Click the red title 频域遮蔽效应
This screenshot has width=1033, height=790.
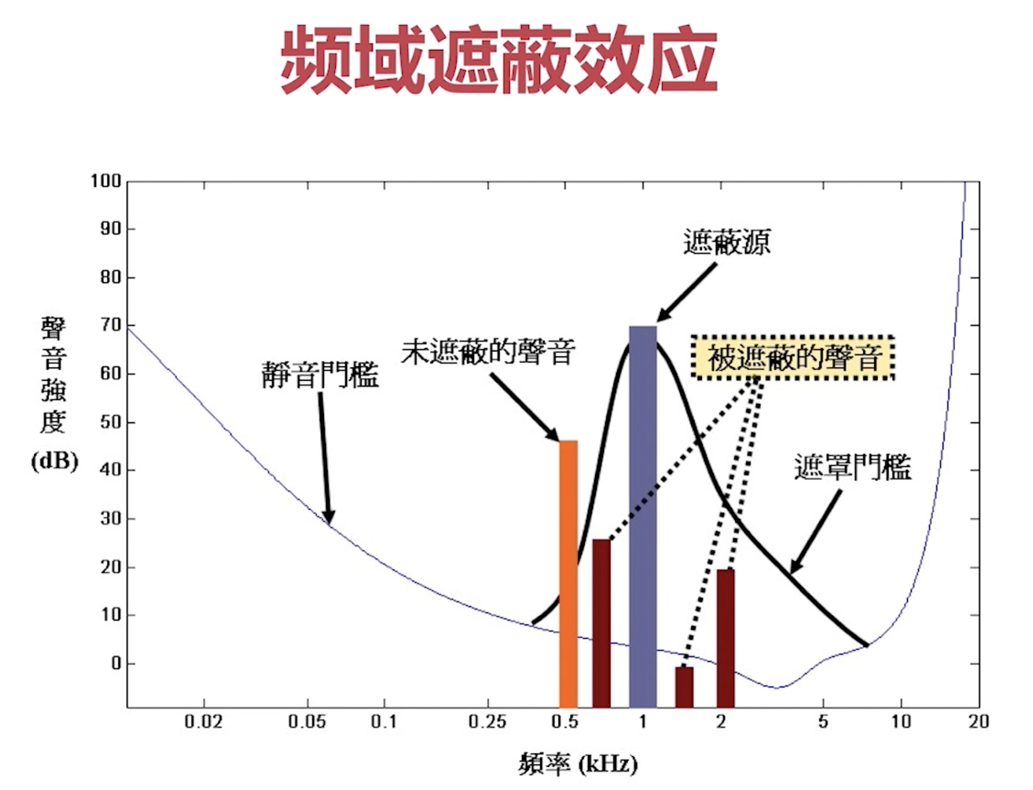[498, 60]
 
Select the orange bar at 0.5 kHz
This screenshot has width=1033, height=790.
[568, 573]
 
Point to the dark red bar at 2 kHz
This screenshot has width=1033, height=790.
[725, 638]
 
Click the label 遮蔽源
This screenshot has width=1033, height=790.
[726, 242]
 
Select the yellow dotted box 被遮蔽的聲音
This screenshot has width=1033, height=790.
[793, 358]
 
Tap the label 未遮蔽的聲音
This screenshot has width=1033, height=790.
[487, 352]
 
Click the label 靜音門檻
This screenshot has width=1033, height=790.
[320, 375]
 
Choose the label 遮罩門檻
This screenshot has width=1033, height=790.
[852, 467]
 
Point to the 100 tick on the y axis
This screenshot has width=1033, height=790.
[105, 181]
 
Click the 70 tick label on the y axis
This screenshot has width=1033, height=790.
[110, 325]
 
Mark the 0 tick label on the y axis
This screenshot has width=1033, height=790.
[116, 664]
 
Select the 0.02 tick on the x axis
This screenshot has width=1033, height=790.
[204, 722]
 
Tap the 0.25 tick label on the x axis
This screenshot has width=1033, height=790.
[487, 722]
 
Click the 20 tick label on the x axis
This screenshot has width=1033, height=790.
[979, 722]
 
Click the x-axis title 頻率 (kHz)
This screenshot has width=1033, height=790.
[578, 764]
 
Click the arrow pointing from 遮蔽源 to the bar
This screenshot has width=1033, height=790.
[685, 293]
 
